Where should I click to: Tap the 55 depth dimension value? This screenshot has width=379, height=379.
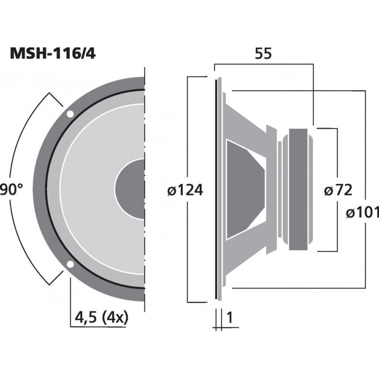point(263,54)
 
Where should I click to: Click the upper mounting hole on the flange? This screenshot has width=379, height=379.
point(70,114)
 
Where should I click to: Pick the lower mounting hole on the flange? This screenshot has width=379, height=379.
point(70,264)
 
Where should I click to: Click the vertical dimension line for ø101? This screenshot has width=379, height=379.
point(364,142)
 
